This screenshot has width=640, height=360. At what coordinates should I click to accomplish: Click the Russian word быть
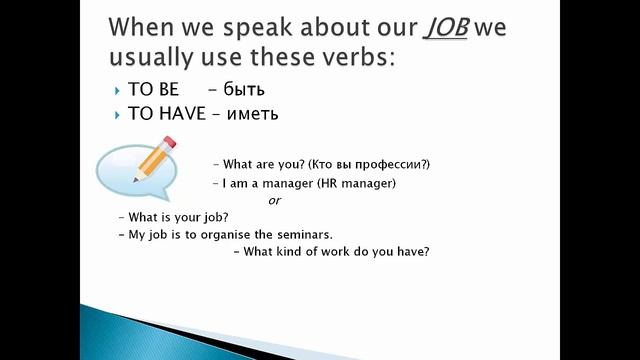pos(236,90)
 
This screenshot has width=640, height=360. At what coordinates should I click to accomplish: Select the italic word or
pos(275,200)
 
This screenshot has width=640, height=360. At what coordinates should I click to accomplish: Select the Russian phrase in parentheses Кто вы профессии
pos(375,164)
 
